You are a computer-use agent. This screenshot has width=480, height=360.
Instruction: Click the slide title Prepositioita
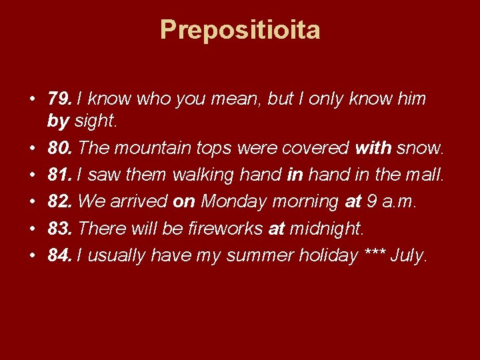(240, 30)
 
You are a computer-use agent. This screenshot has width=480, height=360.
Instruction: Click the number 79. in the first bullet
(60, 99)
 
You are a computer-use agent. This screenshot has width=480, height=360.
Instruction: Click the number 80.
(60, 147)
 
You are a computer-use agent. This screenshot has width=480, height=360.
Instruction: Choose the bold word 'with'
(374, 147)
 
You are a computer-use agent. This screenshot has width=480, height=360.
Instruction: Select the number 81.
(60, 175)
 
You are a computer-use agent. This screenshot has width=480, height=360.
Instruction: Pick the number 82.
(60, 201)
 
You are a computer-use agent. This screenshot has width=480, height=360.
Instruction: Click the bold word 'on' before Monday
(185, 201)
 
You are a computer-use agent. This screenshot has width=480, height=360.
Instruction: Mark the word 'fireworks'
(227, 229)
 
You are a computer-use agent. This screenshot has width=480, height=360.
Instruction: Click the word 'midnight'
(326, 229)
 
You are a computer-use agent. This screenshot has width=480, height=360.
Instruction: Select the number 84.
(60, 255)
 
